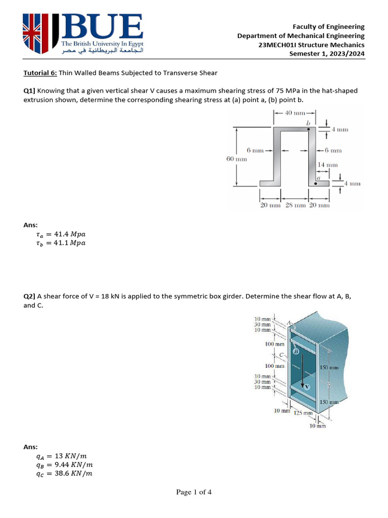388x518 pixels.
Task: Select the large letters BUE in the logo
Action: coord(101,27)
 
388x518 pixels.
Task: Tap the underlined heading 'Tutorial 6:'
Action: coord(41,73)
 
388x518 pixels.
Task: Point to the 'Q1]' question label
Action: coord(30,91)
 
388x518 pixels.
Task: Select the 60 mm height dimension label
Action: coord(236,159)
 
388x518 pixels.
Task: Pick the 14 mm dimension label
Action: coord(328,165)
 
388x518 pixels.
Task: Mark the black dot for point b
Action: coord(309,129)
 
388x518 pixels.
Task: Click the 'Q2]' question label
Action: coord(30,297)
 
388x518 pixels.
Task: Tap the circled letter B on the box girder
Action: coord(296,351)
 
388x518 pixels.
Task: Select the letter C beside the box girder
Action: coord(283,355)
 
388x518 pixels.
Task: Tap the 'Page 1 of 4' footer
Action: coord(193,493)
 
